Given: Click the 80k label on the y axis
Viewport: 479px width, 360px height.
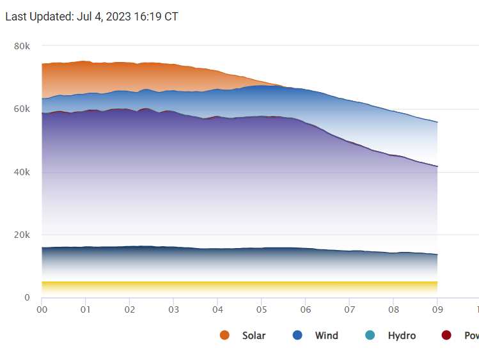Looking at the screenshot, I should pos(22,46).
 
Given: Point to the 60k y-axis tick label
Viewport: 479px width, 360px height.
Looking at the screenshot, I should pos(22,109).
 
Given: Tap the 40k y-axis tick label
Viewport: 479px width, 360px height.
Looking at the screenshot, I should pos(22,172).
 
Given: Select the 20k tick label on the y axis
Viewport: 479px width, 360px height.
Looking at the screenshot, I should pos(22,235).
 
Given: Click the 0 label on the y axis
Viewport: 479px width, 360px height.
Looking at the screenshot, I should pos(27,298).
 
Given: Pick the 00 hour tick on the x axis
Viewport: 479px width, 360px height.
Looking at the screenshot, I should pos(42,310).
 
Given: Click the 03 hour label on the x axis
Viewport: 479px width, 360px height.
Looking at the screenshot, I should pos(173,310).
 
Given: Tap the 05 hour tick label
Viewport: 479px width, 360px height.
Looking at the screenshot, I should pos(261,310).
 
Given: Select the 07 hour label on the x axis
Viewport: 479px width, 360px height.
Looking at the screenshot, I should pos(349,310).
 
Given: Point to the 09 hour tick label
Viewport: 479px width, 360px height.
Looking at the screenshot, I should pos(437,310).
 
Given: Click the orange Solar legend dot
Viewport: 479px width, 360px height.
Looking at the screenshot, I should pos(224,336).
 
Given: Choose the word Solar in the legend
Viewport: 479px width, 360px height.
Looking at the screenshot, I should pos(254,336).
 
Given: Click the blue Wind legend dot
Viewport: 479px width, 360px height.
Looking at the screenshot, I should pos(297,336).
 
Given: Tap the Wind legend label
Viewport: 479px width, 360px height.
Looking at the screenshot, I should pos(327,336).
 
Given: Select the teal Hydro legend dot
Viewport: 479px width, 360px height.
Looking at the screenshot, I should pos(370,336).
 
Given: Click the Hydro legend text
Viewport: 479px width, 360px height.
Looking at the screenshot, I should pos(402,336).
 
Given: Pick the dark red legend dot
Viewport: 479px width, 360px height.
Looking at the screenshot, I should pos(446,336).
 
